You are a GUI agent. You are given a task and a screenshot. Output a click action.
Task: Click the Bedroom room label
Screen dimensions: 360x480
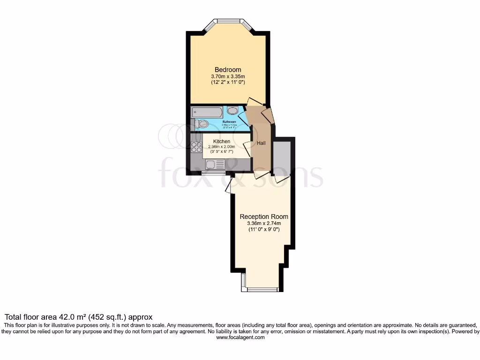coord(228,70)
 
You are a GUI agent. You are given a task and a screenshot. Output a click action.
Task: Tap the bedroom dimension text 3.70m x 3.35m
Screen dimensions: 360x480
coord(228,76)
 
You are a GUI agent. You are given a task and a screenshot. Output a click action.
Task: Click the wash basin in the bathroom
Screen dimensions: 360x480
coord(232,111)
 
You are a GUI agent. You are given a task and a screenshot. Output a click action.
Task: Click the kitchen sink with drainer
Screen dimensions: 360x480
coord(216,165)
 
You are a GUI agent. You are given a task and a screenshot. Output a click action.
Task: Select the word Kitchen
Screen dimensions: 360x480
coord(222,141)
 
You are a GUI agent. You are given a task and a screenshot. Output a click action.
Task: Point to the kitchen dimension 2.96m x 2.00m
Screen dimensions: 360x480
coord(222,147)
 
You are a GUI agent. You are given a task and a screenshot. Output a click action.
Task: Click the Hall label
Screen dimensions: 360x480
coord(261,143)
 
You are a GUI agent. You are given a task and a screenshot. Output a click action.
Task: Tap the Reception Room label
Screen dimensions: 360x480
coord(264,217)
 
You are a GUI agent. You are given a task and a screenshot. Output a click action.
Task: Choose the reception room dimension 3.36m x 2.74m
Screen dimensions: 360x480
coord(264,224)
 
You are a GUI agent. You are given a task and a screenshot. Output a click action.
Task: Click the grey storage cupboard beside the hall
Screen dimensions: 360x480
coord(283,157)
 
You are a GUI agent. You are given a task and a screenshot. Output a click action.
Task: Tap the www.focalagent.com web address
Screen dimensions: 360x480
coord(240,337)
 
